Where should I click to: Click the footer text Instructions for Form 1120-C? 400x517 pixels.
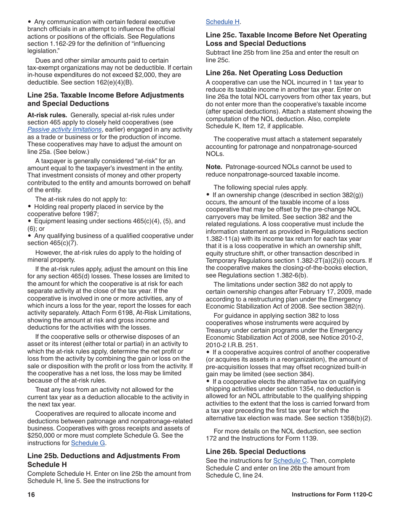(332, 495)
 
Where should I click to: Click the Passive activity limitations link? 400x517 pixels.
(64, 129)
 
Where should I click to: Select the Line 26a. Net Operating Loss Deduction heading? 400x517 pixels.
(274, 73)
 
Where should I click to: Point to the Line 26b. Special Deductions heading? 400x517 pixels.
(256, 451)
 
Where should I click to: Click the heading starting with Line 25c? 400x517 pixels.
(286, 39)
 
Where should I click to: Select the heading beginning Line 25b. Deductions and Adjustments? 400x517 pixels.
(103, 460)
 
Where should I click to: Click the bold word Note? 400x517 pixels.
(213, 167)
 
